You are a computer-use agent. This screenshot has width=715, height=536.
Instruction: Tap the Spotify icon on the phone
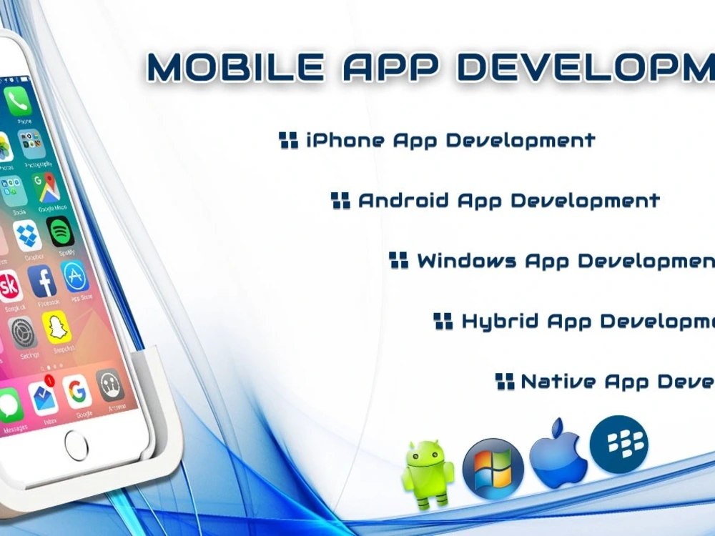[x=60, y=231]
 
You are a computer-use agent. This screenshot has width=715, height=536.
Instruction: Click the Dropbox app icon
[x=28, y=235]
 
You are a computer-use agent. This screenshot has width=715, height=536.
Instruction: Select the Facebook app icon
[x=42, y=281]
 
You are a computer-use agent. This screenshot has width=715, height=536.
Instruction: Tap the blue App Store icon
[x=75, y=276]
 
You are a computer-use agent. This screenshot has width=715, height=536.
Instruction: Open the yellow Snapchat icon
[x=56, y=327]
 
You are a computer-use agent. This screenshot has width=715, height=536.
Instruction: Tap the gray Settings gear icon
[x=23, y=332]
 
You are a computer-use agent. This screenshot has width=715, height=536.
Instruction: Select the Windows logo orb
[x=493, y=468]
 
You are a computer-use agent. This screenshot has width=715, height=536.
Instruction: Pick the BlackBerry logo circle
[x=618, y=444]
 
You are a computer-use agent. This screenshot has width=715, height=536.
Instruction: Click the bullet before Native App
[x=505, y=381]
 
